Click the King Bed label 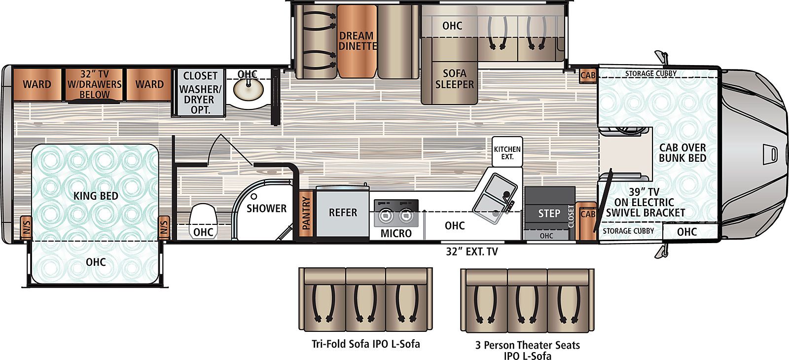[x=96, y=196]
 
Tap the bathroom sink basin [x=249, y=90]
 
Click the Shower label [x=266, y=209]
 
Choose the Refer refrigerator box [x=343, y=213]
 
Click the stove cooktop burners [x=396, y=214]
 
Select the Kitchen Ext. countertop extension [x=507, y=152]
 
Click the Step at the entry [x=549, y=213]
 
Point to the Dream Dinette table [x=357, y=41]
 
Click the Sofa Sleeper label [x=454, y=79]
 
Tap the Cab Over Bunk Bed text [x=682, y=153]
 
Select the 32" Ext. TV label [x=472, y=252]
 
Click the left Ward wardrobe [x=37, y=84]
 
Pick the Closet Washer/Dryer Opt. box [x=200, y=92]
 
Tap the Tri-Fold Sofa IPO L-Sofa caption [x=365, y=344]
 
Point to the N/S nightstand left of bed [x=27, y=227]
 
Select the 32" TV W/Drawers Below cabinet [x=94, y=84]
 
